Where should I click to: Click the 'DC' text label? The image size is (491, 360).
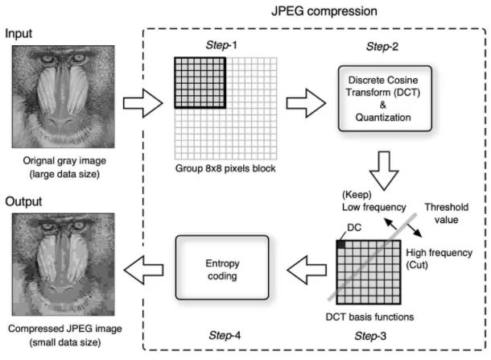coord(352,229)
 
